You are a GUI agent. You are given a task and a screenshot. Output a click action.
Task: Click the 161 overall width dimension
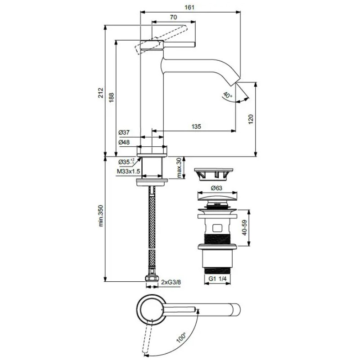pyautogui.click(x=189, y=7)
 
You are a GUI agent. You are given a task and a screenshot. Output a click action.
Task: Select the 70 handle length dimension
pyautogui.click(x=174, y=17)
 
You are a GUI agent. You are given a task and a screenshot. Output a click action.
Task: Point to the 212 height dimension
pyautogui.click(x=101, y=93)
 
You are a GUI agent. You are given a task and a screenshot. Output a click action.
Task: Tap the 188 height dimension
pyautogui.click(x=111, y=98)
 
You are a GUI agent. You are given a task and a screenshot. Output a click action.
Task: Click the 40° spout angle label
pyautogui.click(x=228, y=95)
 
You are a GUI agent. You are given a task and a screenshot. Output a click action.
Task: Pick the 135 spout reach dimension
pyautogui.click(x=196, y=126)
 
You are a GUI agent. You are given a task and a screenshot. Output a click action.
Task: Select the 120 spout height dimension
pyautogui.click(x=251, y=119)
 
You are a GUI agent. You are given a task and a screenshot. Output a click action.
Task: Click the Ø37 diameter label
pyautogui.click(x=124, y=132)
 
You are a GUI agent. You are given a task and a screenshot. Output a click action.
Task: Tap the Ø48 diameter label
pyautogui.click(x=124, y=142)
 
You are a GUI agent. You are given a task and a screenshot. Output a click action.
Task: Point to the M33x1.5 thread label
pyautogui.click(x=128, y=171)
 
